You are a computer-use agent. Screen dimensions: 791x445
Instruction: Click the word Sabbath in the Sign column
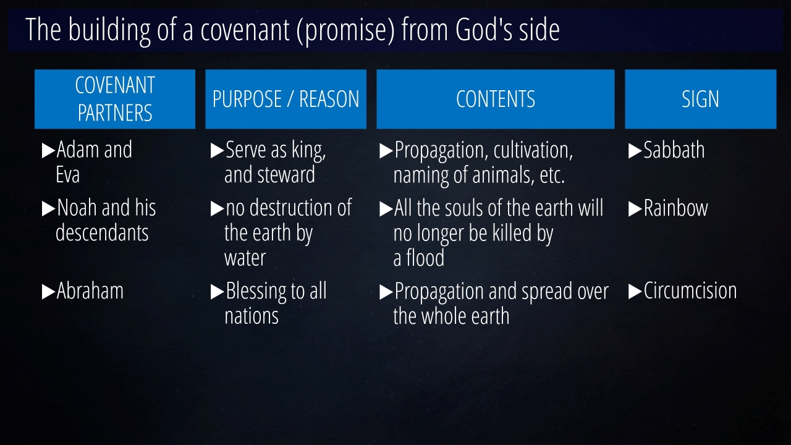(674, 150)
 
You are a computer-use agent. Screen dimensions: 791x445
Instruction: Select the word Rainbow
(676, 208)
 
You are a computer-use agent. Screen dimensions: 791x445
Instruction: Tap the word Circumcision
(690, 290)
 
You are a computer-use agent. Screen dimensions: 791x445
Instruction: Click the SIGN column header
(701, 99)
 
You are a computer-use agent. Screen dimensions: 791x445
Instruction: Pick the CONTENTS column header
(496, 99)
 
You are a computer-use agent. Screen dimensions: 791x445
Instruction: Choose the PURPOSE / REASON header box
(286, 99)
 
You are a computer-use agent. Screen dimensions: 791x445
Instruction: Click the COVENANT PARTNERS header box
(115, 99)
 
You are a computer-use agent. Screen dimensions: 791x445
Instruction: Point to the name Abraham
(90, 290)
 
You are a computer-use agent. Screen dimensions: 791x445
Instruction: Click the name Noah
(77, 208)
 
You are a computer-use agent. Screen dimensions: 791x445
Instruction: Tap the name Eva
(67, 175)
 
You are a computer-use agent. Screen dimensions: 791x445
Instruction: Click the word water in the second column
(245, 258)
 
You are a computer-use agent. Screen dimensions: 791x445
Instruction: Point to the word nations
(252, 316)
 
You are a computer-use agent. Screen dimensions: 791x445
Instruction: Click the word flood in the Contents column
(425, 258)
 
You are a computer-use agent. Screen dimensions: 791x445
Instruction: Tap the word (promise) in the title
(345, 30)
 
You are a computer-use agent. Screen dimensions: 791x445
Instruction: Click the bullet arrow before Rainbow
(635, 209)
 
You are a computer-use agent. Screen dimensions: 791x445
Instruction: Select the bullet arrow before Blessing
(217, 292)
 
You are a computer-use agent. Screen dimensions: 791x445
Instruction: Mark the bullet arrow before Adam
(48, 150)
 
